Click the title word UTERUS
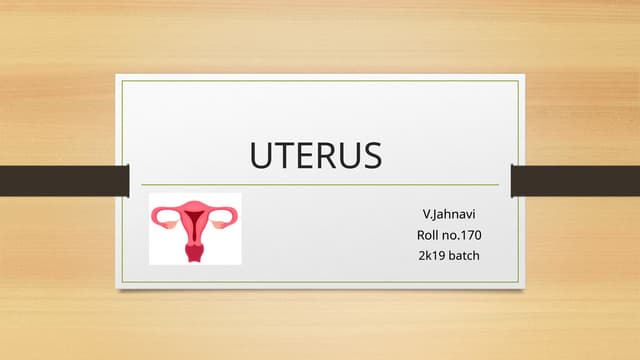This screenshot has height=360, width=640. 315,157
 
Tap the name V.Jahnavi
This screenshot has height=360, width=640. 448,214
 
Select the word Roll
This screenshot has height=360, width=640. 426,235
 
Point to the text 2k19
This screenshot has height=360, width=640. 432,256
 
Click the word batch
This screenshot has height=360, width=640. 464,256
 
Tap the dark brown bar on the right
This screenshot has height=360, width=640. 574,181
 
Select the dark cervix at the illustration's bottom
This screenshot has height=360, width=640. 195,252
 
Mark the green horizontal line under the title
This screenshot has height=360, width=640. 320,185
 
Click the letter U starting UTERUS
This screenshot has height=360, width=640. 260,157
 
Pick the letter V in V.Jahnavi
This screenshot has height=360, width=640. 427,214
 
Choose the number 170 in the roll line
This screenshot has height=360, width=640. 469,235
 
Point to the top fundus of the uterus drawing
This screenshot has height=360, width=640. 195,208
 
